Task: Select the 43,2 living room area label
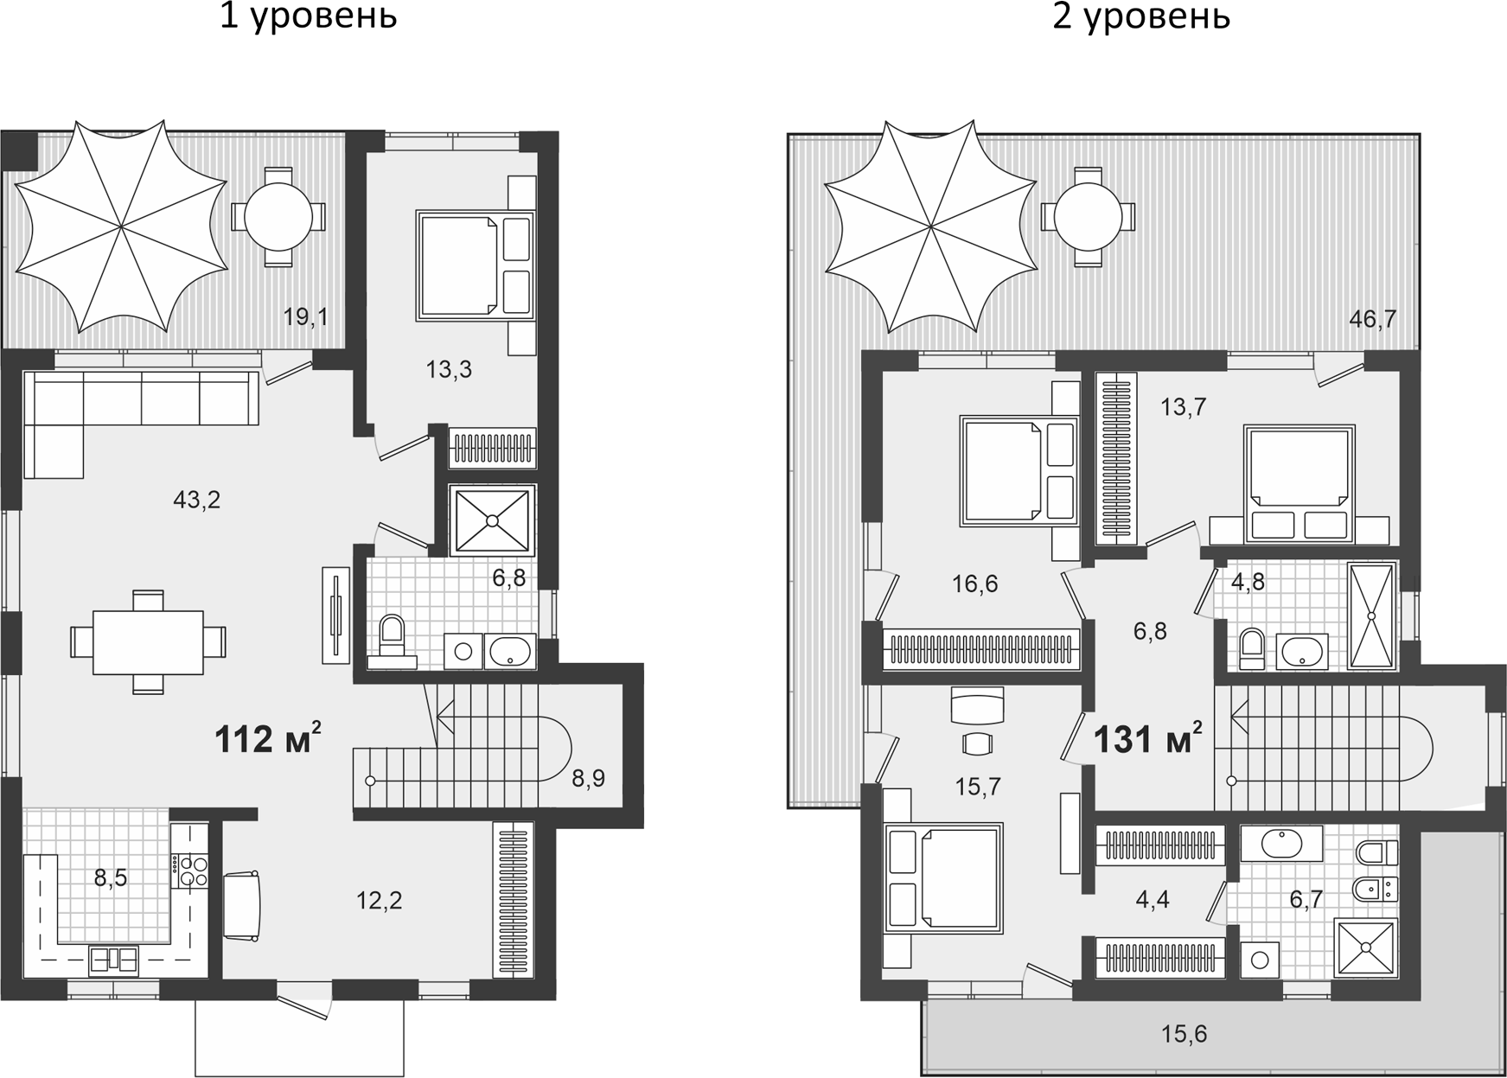[x=196, y=499]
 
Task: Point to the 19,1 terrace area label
[x=305, y=316]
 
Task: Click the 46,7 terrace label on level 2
[x=1372, y=319]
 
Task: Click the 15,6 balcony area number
[x=1184, y=1032]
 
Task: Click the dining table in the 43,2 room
[x=148, y=641]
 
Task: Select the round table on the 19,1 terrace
[x=278, y=216]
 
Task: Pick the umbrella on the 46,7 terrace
[x=930, y=226]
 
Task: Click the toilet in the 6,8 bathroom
[x=392, y=637]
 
